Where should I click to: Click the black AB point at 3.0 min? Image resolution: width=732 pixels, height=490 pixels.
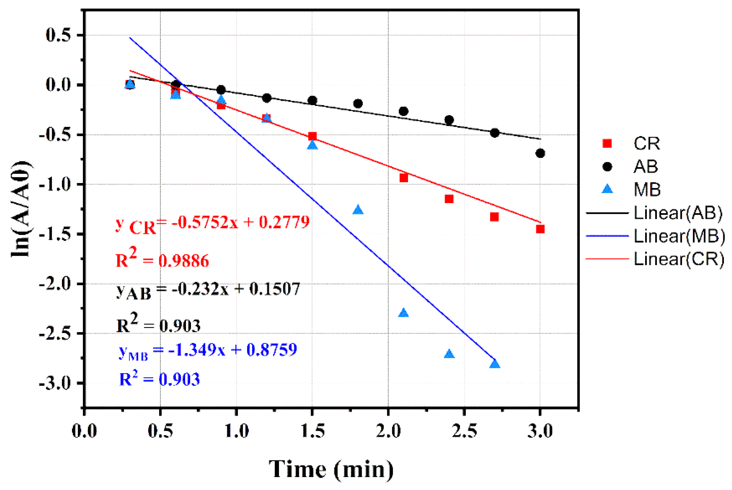(540, 153)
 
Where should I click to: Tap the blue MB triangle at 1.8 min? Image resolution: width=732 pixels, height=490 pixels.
(358, 210)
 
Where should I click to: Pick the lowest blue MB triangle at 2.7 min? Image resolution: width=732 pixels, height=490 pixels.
(495, 364)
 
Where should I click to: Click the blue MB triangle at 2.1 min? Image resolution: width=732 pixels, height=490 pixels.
(403, 313)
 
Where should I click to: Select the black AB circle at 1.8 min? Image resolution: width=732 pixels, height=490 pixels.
(358, 103)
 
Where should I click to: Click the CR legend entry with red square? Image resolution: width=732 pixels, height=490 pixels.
(631, 144)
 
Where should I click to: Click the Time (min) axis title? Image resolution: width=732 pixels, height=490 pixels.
(331, 469)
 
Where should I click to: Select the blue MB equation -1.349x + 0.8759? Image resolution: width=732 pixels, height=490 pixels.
(208, 350)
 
